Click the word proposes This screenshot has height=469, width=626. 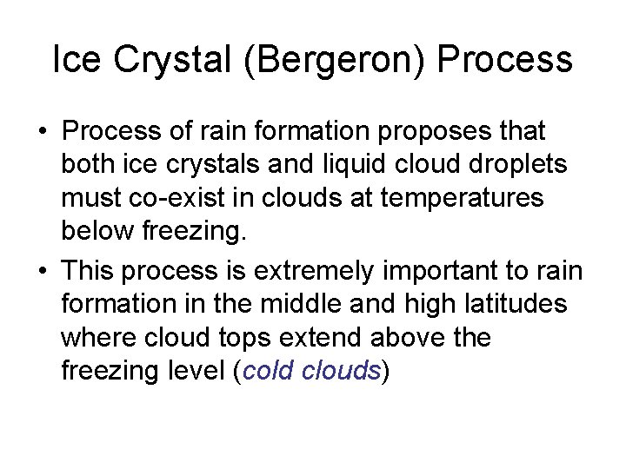click(x=425, y=132)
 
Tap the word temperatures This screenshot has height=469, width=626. click(x=461, y=199)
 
